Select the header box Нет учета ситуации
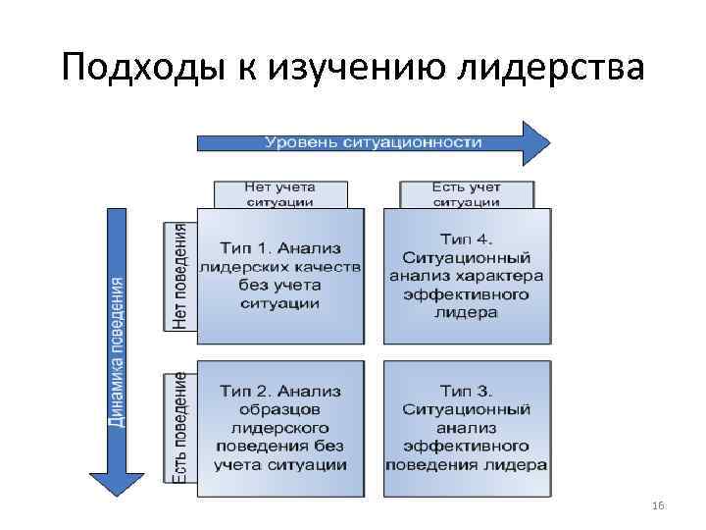tap(279, 194)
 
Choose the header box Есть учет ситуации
tap(466, 194)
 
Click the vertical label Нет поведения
tap(179, 276)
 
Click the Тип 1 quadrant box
tap(279, 276)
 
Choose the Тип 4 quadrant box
tap(467, 276)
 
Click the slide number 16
tap(658, 504)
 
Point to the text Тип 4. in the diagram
tap(467, 238)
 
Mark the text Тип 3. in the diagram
tap(467, 391)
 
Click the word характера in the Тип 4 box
tap(501, 276)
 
